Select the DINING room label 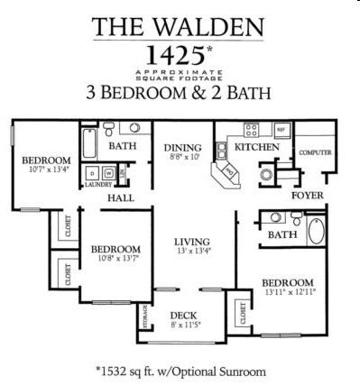point(181,149)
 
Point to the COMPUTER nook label point(315,153)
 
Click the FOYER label point(307,195)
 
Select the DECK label point(184,316)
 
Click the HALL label point(121,198)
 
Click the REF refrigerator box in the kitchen point(281,131)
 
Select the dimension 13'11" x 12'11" point(289,292)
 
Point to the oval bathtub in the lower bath point(317,233)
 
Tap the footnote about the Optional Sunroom point(180,370)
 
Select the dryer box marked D point(93,171)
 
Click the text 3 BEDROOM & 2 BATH point(179,92)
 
